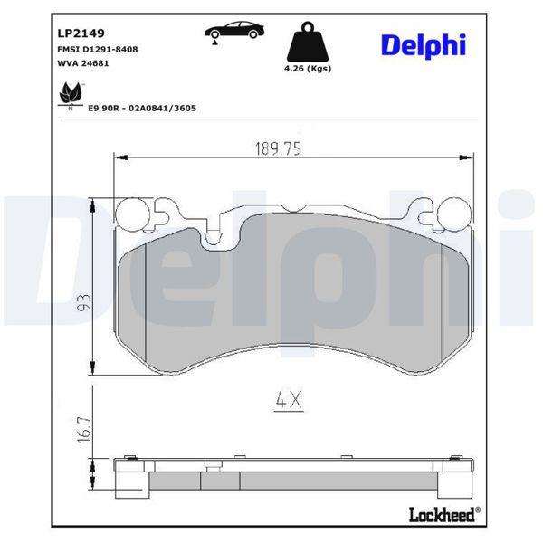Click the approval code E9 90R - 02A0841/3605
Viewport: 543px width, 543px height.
click(142, 108)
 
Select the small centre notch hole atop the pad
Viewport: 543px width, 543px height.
click(214, 239)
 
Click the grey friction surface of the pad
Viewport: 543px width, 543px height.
click(290, 299)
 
